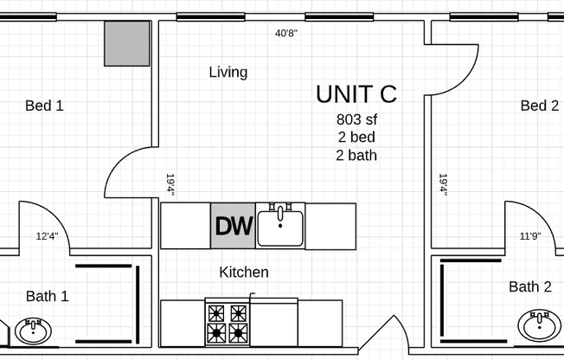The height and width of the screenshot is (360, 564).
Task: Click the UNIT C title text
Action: pos(356,93)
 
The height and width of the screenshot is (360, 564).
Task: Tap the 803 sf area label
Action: pos(356,119)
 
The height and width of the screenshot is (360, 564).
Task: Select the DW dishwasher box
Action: pos(233,227)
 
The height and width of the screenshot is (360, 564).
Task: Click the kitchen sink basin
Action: pos(281,228)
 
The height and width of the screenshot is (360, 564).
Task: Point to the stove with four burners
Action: pos(227,322)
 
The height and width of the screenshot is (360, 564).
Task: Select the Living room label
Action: pos(228,72)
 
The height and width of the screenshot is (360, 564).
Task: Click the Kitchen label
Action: pos(244,272)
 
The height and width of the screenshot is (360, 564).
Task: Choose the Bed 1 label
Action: pos(44,106)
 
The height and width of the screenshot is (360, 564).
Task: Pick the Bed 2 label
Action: pos(539,106)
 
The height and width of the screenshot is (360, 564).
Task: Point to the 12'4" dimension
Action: pos(48,235)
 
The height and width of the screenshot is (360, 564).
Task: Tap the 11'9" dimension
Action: pos(530,235)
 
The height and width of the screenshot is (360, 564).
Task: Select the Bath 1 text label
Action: pos(47,296)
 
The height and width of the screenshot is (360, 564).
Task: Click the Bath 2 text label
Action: pos(529,286)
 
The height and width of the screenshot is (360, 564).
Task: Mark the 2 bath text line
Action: pos(356,156)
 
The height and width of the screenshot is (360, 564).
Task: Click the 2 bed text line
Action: pos(356,138)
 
